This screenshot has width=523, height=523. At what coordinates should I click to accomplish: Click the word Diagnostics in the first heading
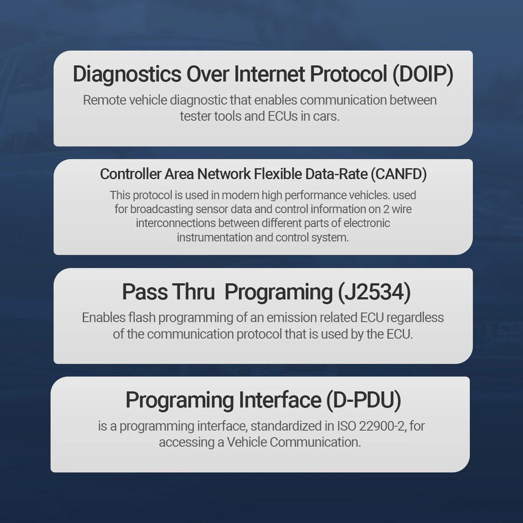pyautogui.click(x=127, y=75)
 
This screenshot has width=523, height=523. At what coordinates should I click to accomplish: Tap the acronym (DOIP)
pyautogui.click(x=423, y=74)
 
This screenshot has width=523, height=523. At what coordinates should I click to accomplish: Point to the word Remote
pyautogui.click(x=104, y=100)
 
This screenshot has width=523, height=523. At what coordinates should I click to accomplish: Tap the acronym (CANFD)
pyautogui.click(x=399, y=174)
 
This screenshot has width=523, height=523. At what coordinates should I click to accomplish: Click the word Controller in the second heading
pyautogui.click(x=131, y=174)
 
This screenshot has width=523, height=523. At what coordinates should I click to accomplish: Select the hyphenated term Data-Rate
pyautogui.click(x=336, y=174)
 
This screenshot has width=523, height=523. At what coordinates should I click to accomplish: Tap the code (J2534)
pyautogui.click(x=374, y=292)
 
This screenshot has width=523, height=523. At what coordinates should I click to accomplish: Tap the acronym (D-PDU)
pyautogui.click(x=363, y=400)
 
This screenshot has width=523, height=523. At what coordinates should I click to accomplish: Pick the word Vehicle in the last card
pyautogui.click(x=247, y=442)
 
